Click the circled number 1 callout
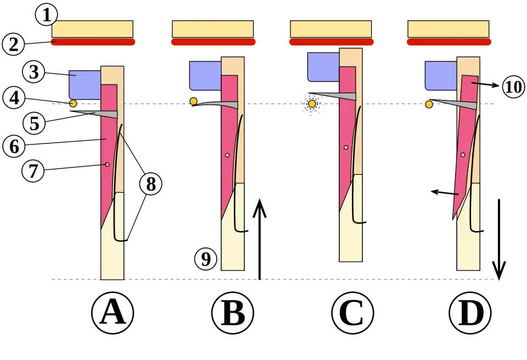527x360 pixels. point(46,15)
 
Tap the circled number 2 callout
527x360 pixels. point(13,44)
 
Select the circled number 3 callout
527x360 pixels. point(33,72)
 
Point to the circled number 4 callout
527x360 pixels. point(13,98)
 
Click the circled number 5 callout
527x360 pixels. point(33,123)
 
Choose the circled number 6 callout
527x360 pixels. point(13,146)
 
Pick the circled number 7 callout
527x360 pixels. point(32,171)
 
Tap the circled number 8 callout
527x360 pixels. point(150,184)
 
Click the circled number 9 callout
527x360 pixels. point(205,259)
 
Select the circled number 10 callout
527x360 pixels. point(513,87)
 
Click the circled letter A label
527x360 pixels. point(112,314)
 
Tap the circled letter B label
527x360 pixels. point(232,314)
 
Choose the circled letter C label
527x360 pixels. point(352,314)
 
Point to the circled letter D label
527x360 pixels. point(470,314)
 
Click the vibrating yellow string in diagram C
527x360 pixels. point(312,104)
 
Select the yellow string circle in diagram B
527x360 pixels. point(193,101)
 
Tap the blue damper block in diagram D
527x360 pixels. point(441,75)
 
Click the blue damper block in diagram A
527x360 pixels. point(85,85)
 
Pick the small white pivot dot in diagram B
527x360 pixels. point(227,155)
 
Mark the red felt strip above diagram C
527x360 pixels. point(332,42)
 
